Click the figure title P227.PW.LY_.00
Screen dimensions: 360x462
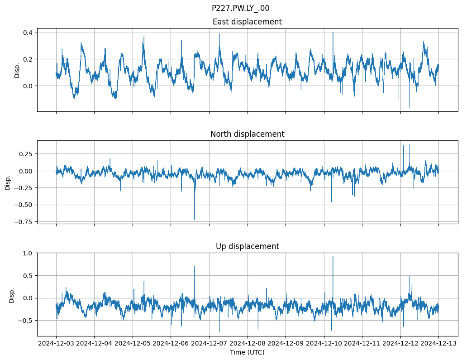(x=240, y=8)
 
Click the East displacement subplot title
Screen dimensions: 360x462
(x=247, y=22)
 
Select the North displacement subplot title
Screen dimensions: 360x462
(x=247, y=134)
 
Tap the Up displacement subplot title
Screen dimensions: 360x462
(x=247, y=246)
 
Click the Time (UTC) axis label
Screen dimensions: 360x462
(x=247, y=352)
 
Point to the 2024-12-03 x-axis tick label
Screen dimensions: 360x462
(x=56, y=344)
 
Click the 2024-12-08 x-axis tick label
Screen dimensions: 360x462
(x=247, y=344)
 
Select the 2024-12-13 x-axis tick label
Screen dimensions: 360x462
(x=438, y=344)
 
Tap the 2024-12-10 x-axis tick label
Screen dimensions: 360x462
(x=324, y=344)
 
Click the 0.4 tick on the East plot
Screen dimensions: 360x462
(x=27, y=33)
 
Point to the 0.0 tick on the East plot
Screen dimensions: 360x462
(x=27, y=86)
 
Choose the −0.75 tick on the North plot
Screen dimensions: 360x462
(x=24, y=222)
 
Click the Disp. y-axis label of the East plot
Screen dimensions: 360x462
(x=17, y=70)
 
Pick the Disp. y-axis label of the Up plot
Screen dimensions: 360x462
(x=12, y=295)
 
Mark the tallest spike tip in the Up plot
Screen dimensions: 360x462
(x=333, y=257)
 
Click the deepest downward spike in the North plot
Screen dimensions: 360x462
(x=195, y=220)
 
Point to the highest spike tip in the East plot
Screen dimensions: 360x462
(x=333, y=32)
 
